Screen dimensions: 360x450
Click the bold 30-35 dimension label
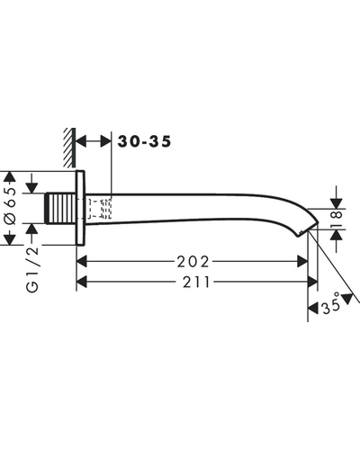(x=144, y=141)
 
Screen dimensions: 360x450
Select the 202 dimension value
(x=193, y=262)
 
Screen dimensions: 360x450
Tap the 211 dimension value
(x=196, y=282)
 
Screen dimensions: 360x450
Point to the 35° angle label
(x=331, y=303)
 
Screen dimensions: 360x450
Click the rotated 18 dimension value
(x=337, y=219)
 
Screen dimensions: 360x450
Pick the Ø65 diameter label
(x=11, y=206)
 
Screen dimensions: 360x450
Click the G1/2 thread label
(x=32, y=269)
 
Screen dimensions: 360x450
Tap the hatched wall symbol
(x=69, y=148)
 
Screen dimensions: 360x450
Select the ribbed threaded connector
(x=60, y=208)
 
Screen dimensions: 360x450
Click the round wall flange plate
(x=80, y=208)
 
